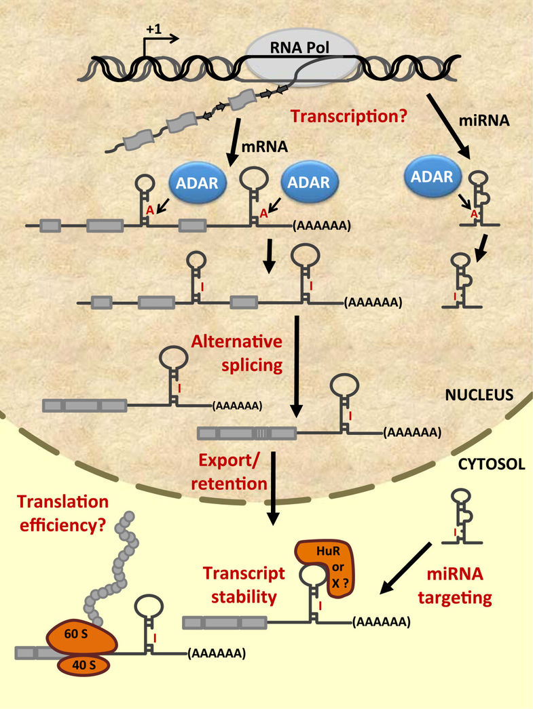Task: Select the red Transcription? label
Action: pyautogui.click(x=348, y=117)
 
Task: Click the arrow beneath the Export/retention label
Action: pyautogui.click(x=272, y=488)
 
